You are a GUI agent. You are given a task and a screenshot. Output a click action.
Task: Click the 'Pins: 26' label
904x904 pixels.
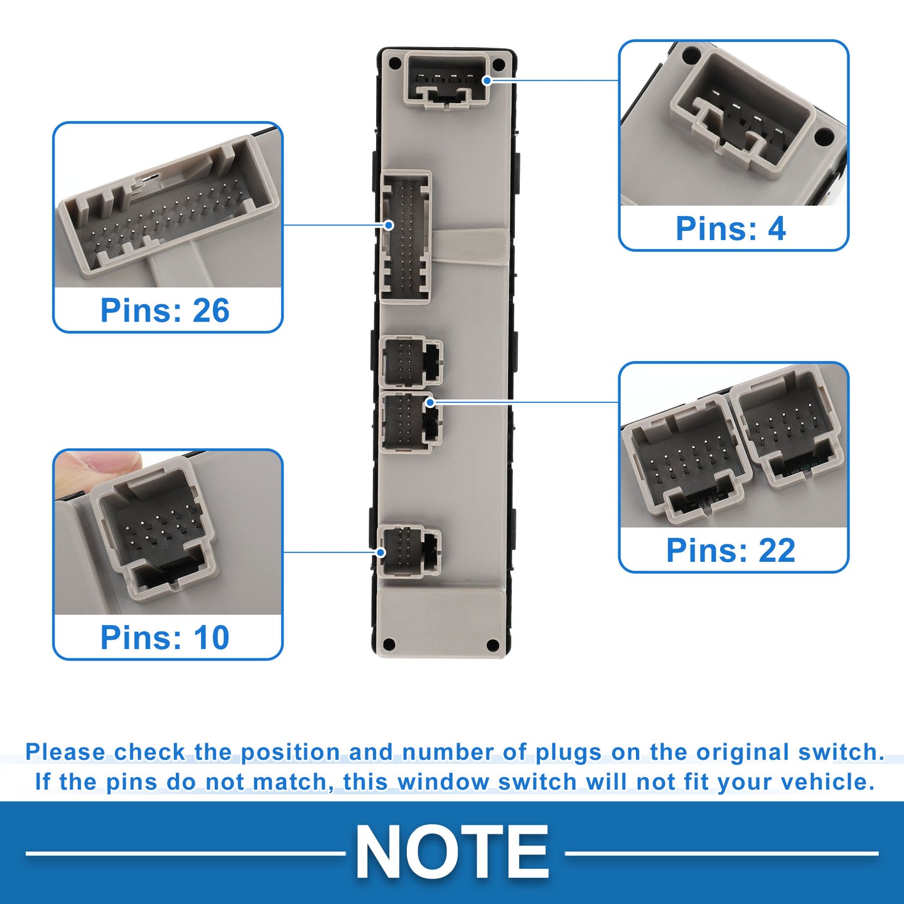[x=164, y=310]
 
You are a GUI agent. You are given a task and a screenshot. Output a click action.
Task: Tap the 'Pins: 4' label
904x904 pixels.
[x=731, y=229]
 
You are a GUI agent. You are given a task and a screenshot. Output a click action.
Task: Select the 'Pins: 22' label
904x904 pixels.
[x=731, y=550]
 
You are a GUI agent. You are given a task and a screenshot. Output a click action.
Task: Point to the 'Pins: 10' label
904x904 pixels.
[x=164, y=637]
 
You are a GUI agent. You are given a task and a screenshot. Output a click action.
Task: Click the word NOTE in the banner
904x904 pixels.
[x=452, y=851]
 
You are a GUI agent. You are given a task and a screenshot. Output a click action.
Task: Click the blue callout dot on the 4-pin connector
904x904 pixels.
[x=487, y=80]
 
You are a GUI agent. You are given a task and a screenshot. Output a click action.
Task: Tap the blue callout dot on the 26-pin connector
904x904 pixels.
[x=389, y=225]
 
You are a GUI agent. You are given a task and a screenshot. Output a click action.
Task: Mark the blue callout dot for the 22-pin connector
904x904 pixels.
[x=430, y=402]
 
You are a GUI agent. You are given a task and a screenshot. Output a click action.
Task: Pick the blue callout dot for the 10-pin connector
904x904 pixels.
[x=381, y=552]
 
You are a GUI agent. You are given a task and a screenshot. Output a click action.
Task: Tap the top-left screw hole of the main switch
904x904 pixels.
[x=395, y=62]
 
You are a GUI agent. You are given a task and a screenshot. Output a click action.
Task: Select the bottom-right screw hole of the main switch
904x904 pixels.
[x=493, y=645]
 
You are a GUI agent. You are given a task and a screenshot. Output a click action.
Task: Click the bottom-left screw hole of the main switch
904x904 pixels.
[x=389, y=643]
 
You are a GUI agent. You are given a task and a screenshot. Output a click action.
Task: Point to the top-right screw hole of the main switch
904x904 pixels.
[x=499, y=63]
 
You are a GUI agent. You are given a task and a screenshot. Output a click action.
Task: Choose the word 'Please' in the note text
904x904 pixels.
[x=65, y=751]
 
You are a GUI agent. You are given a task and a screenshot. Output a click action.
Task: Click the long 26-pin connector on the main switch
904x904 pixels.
[x=406, y=237]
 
